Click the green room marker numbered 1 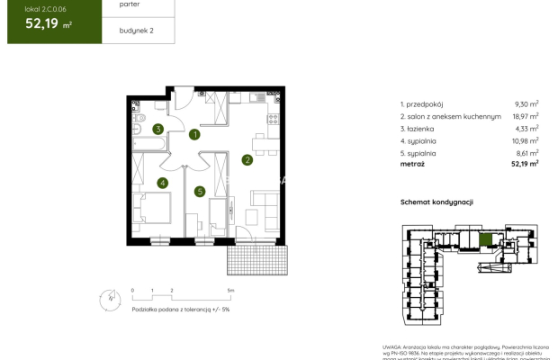click(194, 135)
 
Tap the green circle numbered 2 click(247, 161)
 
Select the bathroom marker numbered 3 click(157, 130)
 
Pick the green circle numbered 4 click(162, 184)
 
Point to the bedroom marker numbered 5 click(200, 191)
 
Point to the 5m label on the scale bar click(230, 291)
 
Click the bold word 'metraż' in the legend click(414, 164)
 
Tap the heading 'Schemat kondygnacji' click(436, 203)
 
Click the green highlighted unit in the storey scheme click(486, 239)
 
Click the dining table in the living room click(260, 143)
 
